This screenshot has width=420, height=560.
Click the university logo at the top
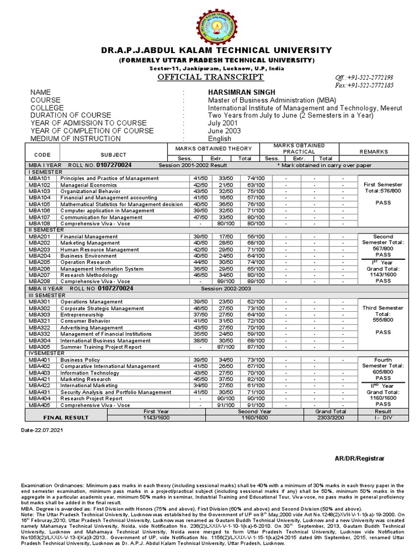[209, 22]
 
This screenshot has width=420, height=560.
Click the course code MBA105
[39, 204]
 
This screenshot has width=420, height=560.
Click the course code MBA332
[39, 334]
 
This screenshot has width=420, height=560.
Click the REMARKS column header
[374, 151]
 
